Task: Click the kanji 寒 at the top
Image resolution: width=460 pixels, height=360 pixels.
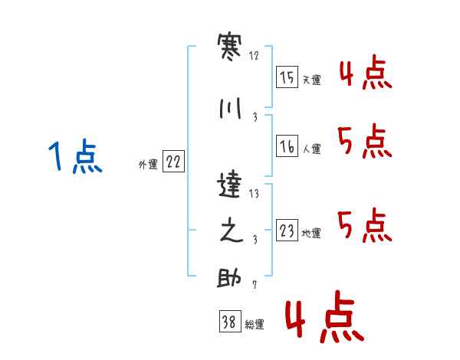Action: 229,47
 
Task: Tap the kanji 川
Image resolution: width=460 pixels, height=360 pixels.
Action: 230,108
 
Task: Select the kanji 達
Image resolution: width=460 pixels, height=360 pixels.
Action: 229,185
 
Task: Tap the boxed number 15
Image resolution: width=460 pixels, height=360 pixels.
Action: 287,77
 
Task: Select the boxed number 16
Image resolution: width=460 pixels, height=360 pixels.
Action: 287,146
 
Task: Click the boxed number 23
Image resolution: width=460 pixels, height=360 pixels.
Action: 287,230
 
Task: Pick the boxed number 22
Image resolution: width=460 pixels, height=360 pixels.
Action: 173,162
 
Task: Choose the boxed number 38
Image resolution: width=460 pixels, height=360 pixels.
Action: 230,321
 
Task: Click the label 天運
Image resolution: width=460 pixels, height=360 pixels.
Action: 312,80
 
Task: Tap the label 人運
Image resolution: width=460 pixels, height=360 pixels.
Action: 312,149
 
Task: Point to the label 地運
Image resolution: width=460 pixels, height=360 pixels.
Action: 311,234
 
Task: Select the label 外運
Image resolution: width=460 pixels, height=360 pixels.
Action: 148,165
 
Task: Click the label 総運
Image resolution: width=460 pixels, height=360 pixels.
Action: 255,325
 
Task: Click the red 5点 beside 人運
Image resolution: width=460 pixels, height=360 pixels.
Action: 365,141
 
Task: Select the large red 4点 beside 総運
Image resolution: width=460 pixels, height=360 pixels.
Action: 325,316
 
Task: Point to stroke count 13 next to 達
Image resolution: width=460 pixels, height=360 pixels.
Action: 254,194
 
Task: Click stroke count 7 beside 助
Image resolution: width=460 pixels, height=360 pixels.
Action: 255,285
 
